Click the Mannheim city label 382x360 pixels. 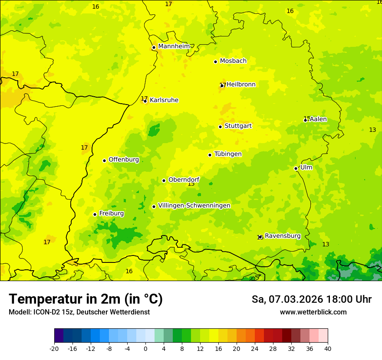[174, 46]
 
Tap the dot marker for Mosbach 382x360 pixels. [215, 62]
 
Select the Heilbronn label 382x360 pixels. [241, 85]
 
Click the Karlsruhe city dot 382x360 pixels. [145, 101]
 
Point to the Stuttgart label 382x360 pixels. [238, 126]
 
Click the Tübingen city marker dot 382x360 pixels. [210, 155]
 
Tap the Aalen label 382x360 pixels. [318, 119]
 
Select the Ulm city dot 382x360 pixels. [296, 168]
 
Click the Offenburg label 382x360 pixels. [124, 160]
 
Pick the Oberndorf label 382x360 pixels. [184, 180]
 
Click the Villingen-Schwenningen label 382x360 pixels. [194, 206]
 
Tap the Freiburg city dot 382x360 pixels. [95, 214]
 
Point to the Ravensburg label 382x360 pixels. [283, 236]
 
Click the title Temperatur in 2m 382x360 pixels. [86, 299]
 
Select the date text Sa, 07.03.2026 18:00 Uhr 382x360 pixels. [311, 299]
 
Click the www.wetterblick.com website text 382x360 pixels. [313, 312]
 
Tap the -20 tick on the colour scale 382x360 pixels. [54, 348]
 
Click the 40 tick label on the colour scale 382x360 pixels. [327, 348]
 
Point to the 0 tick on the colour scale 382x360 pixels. [145, 348]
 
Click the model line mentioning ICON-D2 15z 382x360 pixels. [79, 312]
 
